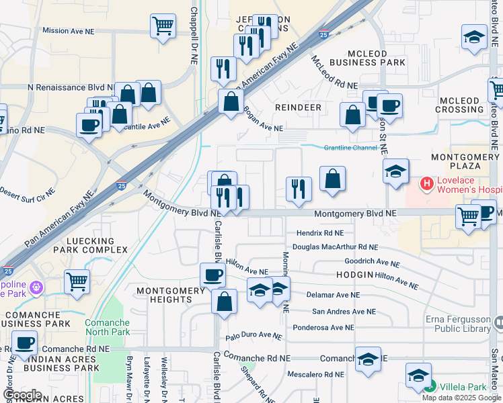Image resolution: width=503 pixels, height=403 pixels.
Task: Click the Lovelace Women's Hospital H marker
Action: coord(426,183)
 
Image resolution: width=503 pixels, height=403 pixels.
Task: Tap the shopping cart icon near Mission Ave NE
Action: coord(163,27)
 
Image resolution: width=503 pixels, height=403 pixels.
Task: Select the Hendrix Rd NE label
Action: coord(320,233)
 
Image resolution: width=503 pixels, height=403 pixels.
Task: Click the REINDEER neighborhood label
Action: coord(299,107)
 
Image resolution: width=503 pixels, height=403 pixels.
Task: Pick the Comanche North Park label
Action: coord(108,327)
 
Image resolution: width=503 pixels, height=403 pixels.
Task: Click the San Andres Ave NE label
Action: coord(344,312)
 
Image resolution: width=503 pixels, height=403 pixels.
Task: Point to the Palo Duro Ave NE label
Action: coord(252,335)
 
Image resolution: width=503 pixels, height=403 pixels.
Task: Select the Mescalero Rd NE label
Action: coord(316,375)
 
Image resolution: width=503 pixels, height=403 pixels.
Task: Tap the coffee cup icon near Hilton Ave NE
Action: coord(213,275)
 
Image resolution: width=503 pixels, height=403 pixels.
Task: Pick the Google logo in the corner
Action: coord(22,395)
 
